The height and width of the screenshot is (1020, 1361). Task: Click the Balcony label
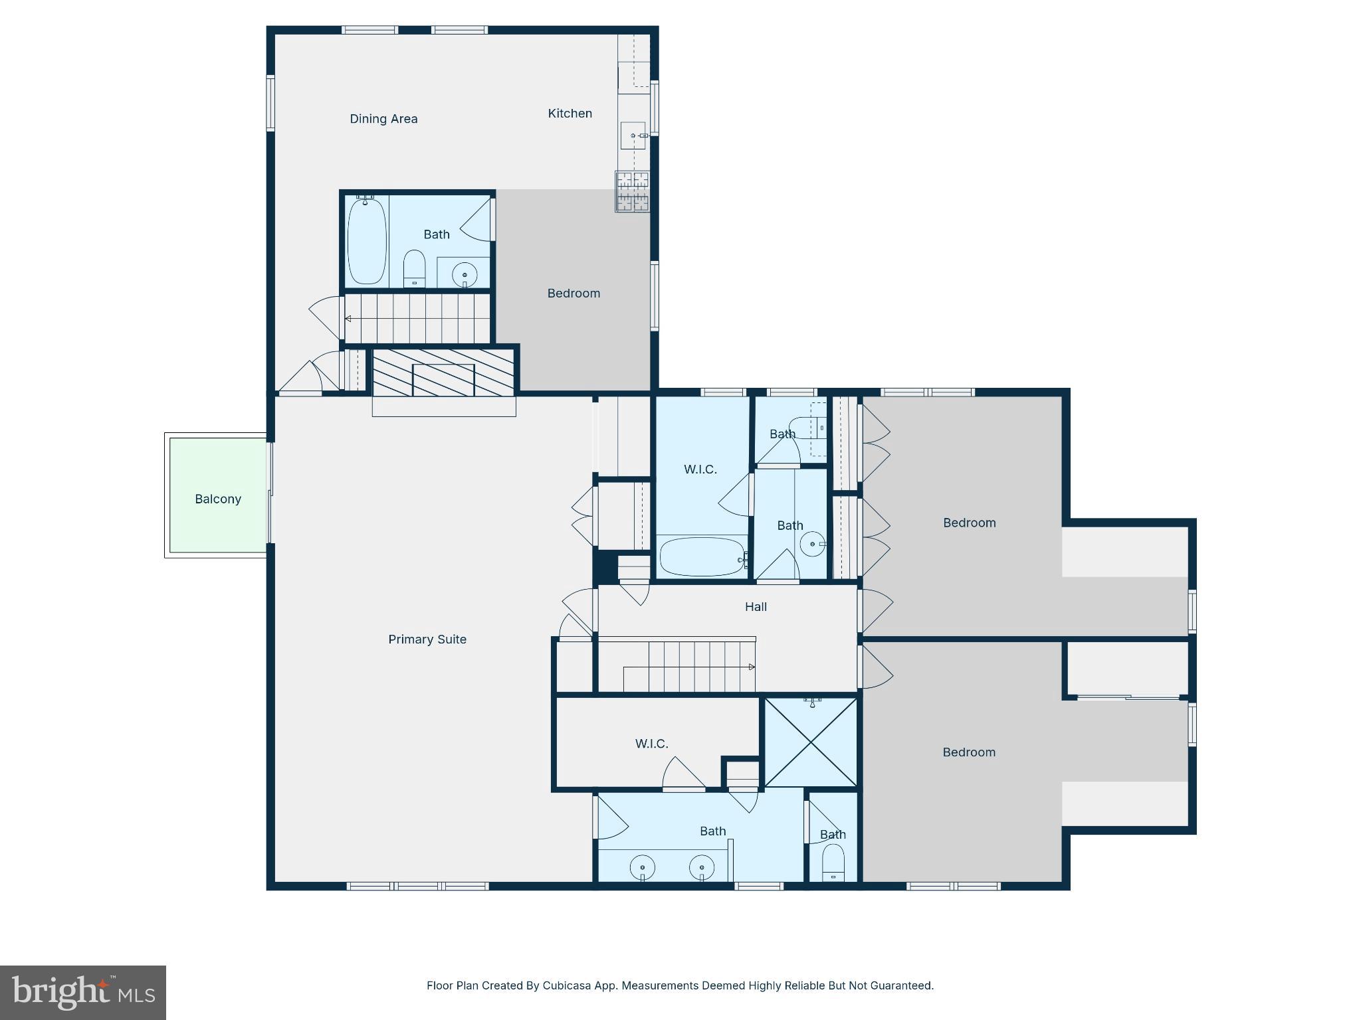(x=217, y=499)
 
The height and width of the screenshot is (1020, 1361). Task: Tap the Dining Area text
(x=383, y=119)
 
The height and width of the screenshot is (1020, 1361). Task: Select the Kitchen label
(x=570, y=114)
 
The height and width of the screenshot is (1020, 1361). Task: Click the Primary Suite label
(x=427, y=639)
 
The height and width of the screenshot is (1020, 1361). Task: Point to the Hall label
(x=756, y=606)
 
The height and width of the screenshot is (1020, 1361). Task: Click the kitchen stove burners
(x=632, y=191)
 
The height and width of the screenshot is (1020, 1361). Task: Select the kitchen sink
(x=633, y=135)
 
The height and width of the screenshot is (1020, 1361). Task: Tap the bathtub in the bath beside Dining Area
(x=366, y=240)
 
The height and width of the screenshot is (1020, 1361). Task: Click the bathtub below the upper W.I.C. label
(x=702, y=557)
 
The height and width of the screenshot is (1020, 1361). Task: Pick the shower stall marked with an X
(x=811, y=742)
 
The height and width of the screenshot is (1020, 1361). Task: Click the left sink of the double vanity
(x=643, y=867)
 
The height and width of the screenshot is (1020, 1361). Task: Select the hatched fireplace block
(x=443, y=373)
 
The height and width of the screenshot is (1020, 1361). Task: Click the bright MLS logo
(x=83, y=992)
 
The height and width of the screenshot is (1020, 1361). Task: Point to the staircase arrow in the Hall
(x=752, y=667)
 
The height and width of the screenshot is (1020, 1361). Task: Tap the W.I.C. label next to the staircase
(x=651, y=744)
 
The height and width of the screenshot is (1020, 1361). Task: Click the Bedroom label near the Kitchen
(x=574, y=294)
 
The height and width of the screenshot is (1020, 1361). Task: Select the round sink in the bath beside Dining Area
(x=465, y=274)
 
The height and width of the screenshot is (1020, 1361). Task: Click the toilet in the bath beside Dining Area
(x=414, y=267)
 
